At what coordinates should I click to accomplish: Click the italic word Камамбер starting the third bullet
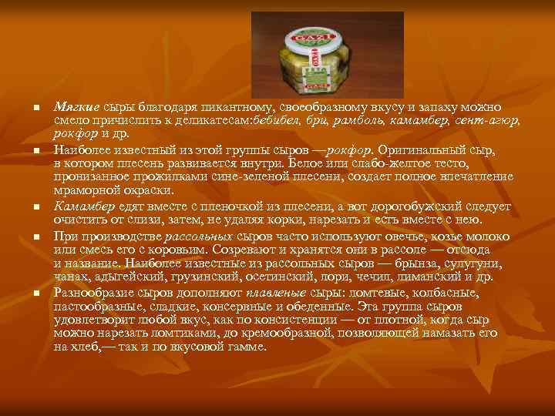coord(84,207)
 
